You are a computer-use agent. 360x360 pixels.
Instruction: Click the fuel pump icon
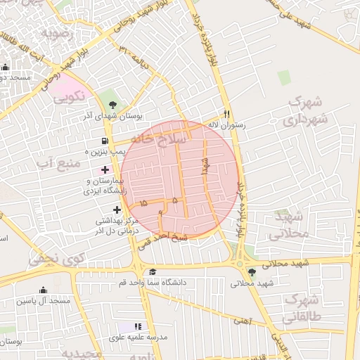(x=105, y=140)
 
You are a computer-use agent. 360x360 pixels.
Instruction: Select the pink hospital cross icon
(x=105, y=169)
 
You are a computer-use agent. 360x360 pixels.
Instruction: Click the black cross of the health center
(x=117, y=209)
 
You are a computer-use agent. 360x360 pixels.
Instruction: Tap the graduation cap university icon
(x=153, y=272)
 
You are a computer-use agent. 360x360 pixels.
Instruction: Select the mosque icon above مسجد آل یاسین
(x=43, y=290)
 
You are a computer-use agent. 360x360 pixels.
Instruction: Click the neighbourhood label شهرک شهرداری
(x=307, y=111)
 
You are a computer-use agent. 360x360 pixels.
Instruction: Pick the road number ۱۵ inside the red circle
(x=144, y=202)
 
